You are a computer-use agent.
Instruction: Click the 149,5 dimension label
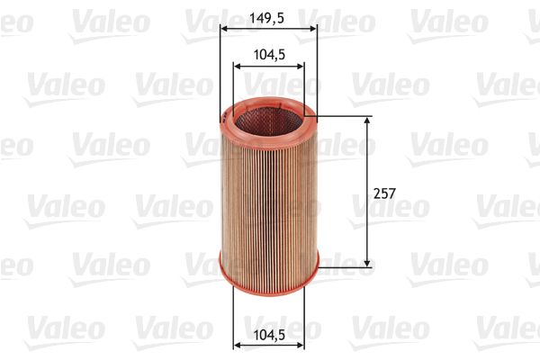pyautogui.click(x=268, y=15)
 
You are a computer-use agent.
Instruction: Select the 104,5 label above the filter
pyautogui.click(x=268, y=55)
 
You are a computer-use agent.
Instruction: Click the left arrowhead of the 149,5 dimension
pyautogui.click(x=224, y=27)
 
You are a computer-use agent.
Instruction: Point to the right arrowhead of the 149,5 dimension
pyautogui.click(x=313, y=27)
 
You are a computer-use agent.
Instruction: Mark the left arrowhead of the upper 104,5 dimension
pyautogui.click(x=237, y=66)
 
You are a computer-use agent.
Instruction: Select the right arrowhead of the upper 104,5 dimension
pyautogui.click(x=301, y=66)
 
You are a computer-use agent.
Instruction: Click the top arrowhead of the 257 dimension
pyautogui.click(x=368, y=120)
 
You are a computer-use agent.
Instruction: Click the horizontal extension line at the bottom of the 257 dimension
pyautogui.click(x=346, y=265)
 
